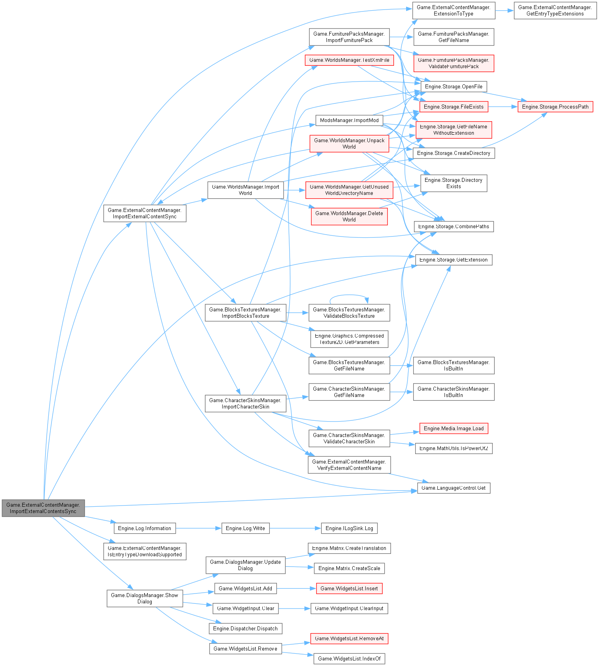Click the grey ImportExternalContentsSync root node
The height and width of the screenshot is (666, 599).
pyautogui.click(x=43, y=508)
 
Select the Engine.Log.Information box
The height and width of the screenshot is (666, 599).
pyautogui.click(x=145, y=528)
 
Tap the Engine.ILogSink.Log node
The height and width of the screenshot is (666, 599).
pyautogui.click(x=349, y=528)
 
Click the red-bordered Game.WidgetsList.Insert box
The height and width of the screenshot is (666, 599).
pyautogui.click(x=349, y=588)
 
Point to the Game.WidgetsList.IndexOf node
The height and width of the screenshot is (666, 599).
pyautogui.click(x=349, y=658)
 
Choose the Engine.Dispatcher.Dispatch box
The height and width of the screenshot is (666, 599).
pyautogui.click(x=245, y=628)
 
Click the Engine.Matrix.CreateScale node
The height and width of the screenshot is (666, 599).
pyautogui.click(x=349, y=568)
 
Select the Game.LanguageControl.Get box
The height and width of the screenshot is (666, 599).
pyautogui.click(x=454, y=488)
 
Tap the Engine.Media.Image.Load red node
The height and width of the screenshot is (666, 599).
pyautogui.click(x=454, y=428)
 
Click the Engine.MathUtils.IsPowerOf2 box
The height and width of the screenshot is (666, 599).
pyautogui.click(x=454, y=448)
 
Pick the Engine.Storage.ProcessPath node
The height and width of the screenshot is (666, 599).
pyautogui.click(x=555, y=107)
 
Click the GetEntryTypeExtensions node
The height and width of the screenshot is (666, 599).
pyautogui.click(x=555, y=10)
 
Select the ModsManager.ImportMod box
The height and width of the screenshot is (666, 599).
pyautogui.click(x=349, y=120)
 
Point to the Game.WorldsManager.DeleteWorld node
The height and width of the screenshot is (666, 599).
pyautogui.click(x=349, y=216)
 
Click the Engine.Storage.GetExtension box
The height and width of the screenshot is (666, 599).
pyautogui.click(x=454, y=260)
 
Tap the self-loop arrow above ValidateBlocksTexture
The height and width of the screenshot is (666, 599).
pyautogui.click(x=349, y=295)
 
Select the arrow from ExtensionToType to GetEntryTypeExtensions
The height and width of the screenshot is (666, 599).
pyautogui.click(x=504, y=10)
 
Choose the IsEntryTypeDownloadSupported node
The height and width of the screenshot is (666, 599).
pyautogui.click(x=145, y=551)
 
